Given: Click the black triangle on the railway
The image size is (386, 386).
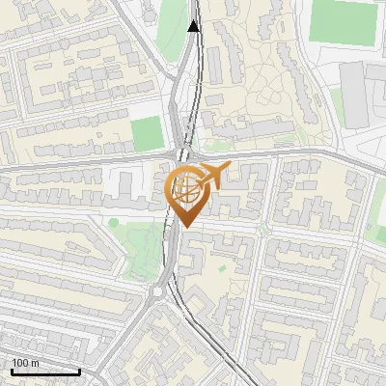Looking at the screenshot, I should pos(194,26).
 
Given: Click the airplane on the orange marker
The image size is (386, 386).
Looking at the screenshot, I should pos(214,176).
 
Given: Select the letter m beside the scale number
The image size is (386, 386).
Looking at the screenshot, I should pos(36,363).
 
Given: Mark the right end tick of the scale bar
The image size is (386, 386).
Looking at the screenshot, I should pos(80,372).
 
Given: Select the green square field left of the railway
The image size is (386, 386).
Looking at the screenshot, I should pos(147,133).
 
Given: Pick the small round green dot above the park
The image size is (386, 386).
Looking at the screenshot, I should pos(114,223).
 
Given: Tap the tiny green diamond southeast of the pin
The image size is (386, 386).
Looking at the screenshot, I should pos(223,267).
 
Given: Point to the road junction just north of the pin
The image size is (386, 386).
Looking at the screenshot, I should pos(185,154).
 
